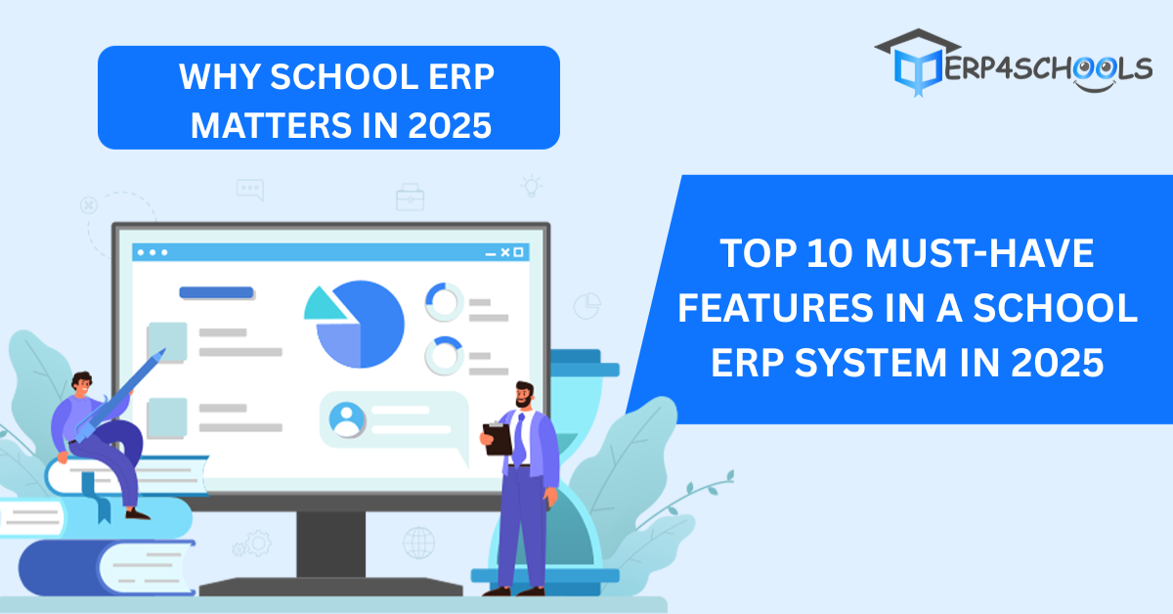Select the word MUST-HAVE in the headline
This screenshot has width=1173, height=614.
(979, 253)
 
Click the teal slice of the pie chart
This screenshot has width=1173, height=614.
(324, 304)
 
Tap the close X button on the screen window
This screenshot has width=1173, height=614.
(504, 252)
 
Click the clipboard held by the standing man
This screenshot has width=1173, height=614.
(497, 438)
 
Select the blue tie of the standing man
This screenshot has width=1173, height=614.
(519, 440)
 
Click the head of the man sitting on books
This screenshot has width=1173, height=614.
(82, 384)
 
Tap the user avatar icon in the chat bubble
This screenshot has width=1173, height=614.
(347, 419)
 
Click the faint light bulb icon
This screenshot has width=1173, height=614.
(531, 186)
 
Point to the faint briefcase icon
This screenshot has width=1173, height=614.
(410, 197)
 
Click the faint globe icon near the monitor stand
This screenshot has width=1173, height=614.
(419, 543)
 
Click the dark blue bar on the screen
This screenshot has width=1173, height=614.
(216, 292)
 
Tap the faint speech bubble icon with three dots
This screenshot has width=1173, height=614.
(250, 189)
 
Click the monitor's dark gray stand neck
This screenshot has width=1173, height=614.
(331, 544)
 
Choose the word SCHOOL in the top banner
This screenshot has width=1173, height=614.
(343, 76)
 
